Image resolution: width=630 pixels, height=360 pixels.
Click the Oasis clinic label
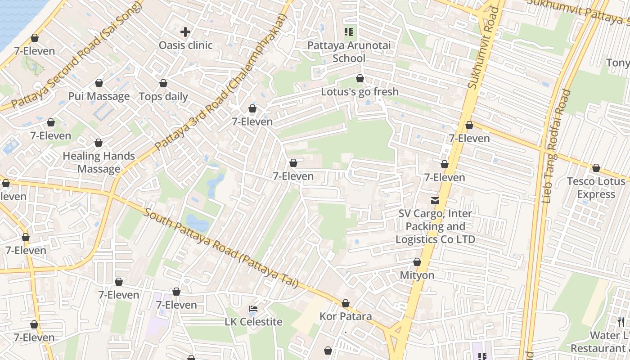tap(185, 45)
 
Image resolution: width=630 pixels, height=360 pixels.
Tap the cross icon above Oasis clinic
tap(185, 32)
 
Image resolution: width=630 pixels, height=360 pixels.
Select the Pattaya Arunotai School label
tap(349, 52)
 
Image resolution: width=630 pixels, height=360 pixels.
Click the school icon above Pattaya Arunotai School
tap(348, 31)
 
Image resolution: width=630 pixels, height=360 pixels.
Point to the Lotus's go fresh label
tap(360, 92)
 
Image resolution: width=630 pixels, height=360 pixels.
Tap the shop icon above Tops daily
tap(163, 83)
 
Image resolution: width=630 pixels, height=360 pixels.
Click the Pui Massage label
tap(99, 96)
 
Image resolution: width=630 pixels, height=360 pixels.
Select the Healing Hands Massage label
tap(99, 162)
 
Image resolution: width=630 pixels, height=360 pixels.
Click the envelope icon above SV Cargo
tap(435, 200)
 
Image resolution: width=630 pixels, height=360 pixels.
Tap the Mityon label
tap(417, 275)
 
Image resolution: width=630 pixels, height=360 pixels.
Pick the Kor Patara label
tap(346, 316)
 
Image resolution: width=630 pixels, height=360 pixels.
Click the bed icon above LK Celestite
tap(253, 309)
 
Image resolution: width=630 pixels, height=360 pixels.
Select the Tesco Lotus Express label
tap(596, 188)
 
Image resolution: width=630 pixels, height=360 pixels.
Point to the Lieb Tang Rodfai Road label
tap(556, 146)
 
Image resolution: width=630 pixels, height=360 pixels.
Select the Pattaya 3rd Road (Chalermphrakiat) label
tap(220, 82)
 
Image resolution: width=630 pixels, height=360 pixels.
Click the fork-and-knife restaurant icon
tap(621, 322)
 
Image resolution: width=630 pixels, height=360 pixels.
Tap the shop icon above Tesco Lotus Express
tap(596, 168)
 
